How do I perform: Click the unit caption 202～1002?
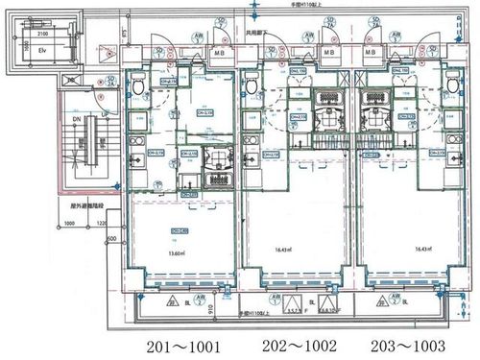click(x=294, y=346)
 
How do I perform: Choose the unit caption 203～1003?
click(x=404, y=346)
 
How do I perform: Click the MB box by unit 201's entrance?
click(x=220, y=53)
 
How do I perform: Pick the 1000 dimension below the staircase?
click(x=70, y=225)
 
